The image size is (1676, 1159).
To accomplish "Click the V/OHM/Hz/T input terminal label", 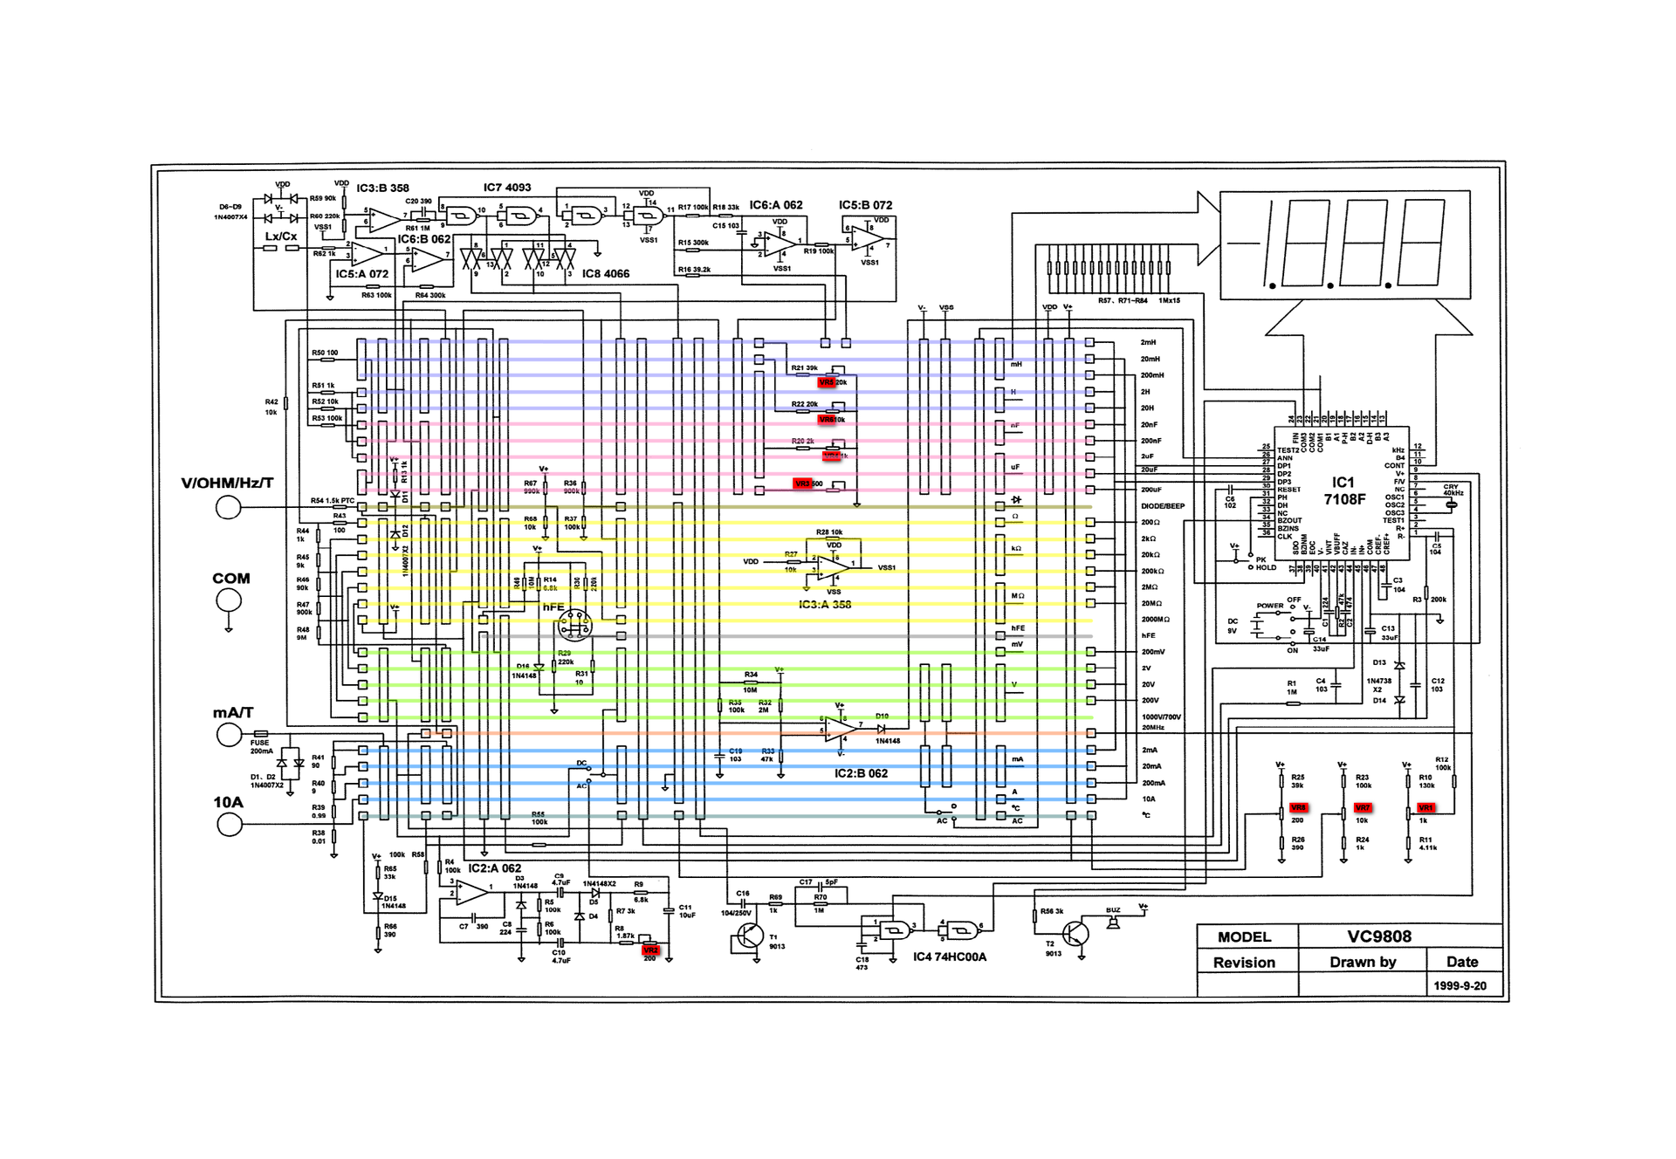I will pyautogui.click(x=227, y=483).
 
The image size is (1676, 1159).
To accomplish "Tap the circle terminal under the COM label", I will pyautogui.click(x=229, y=600).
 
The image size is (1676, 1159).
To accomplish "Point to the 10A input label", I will pyautogui.click(x=228, y=802).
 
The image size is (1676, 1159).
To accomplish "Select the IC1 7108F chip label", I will pyautogui.click(x=1343, y=490).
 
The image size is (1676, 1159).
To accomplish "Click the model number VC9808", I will pyautogui.click(x=1379, y=936).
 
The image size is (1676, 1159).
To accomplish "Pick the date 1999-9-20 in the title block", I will pyautogui.click(x=1460, y=985).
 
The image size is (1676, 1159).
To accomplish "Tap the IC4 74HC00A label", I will pyautogui.click(x=950, y=957).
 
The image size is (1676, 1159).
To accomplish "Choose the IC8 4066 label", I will pyautogui.click(x=606, y=273).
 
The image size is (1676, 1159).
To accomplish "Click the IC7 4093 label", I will pyautogui.click(x=507, y=188).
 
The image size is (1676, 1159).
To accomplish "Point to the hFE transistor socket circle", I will pyautogui.click(x=574, y=624).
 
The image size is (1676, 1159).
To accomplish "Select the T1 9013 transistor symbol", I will pyautogui.click(x=748, y=936).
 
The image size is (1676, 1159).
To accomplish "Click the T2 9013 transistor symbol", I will pyautogui.click(x=1077, y=934).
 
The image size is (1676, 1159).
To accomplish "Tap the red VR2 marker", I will pyautogui.click(x=650, y=950).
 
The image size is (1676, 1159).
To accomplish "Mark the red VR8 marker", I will pyautogui.click(x=1298, y=807).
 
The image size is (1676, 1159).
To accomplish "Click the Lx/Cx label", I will pyautogui.click(x=281, y=237).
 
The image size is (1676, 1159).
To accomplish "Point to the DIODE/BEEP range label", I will pyautogui.click(x=1163, y=506).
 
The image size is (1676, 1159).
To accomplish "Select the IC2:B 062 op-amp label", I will pyautogui.click(x=861, y=773).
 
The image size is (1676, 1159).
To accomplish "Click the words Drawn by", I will pyautogui.click(x=1363, y=962).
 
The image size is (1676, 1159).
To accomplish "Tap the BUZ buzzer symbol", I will pyautogui.click(x=1113, y=920).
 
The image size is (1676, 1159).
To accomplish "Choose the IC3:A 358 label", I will pyautogui.click(x=825, y=604).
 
